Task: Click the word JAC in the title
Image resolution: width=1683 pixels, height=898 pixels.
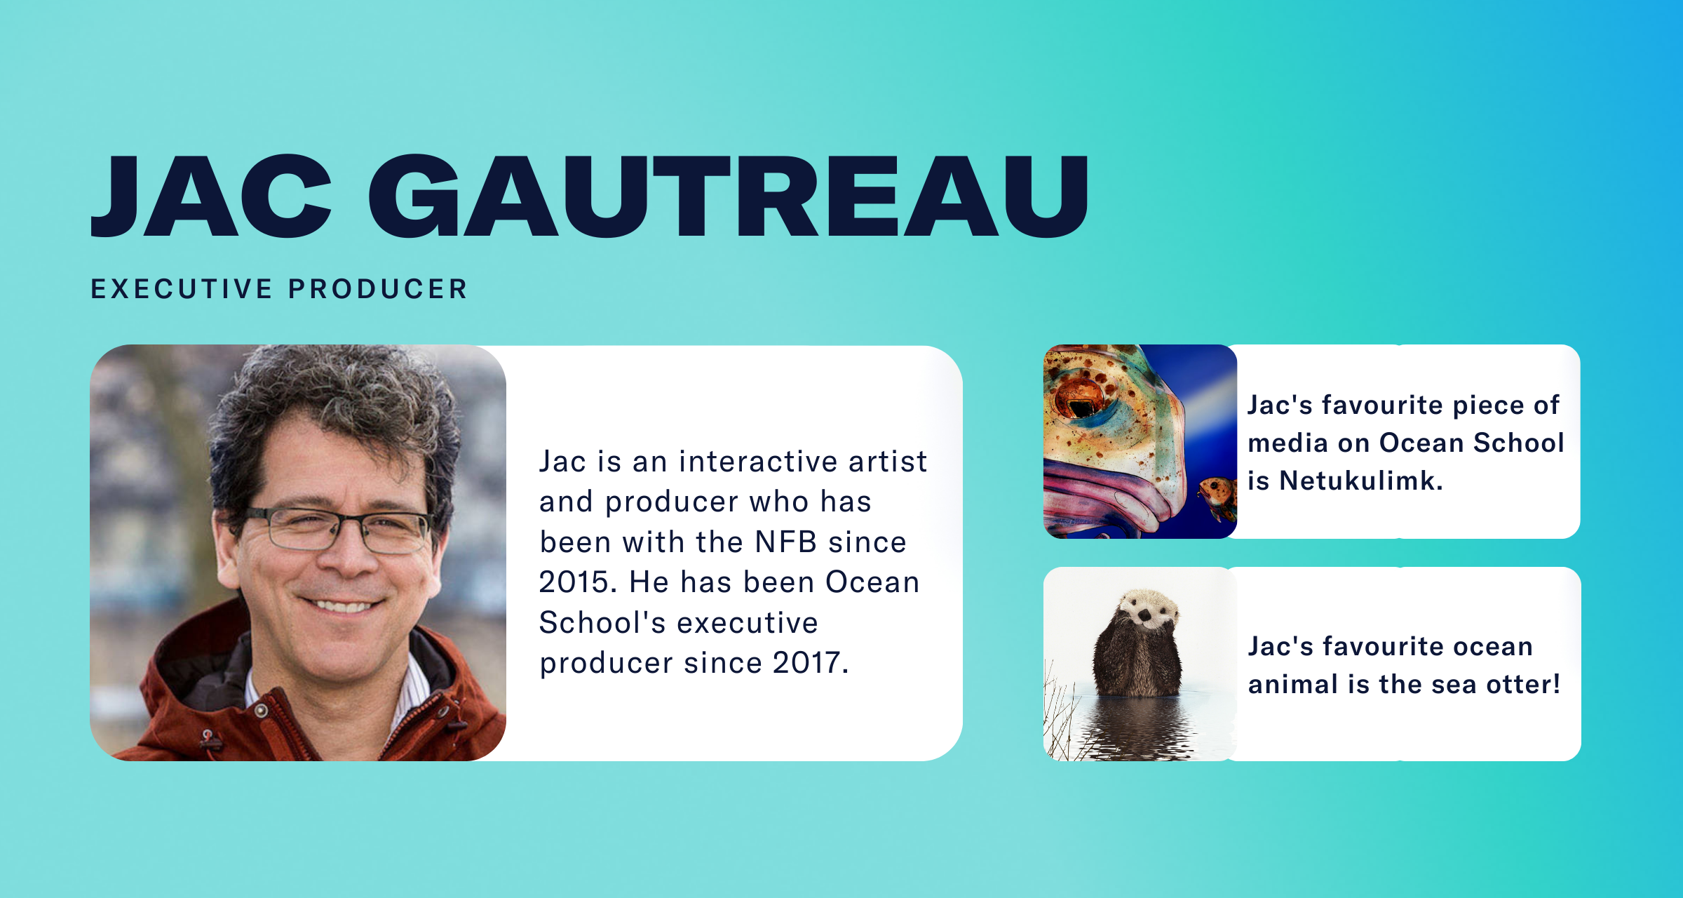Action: pyautogui.click(x=211, y=196)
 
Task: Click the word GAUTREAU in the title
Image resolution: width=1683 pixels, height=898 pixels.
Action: pyautogui.click(x=729, y=196)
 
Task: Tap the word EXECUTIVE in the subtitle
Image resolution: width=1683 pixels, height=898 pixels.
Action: pyautogui.click(x=182, y=289)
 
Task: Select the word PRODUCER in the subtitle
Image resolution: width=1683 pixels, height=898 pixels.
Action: pyautogui.click(x=377, y=289)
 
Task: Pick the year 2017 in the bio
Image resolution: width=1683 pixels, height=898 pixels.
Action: pyautogui.click(x=810, y=663)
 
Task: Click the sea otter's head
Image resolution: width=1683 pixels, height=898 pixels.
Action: pyautogui.click(x=1147, y=608)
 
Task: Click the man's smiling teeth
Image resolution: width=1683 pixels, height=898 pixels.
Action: pyautogui.click(x=343, y=605)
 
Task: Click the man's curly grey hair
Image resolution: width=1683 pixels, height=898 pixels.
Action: pyautogui.click(x=330, y=400)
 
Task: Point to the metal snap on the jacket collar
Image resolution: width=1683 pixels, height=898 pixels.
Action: pyautogui.click(x=261, y=711)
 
